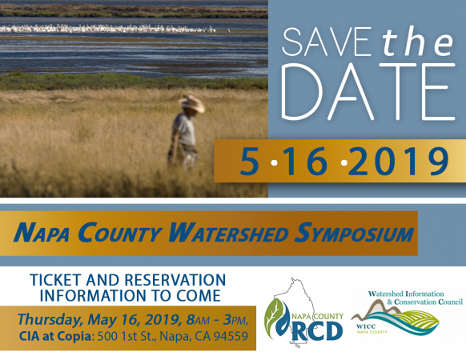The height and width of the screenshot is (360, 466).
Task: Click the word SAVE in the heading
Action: [x=327, y=42]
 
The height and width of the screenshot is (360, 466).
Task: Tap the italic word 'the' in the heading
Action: [x=418, y=42]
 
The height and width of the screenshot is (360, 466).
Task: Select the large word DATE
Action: [x=368, y=92]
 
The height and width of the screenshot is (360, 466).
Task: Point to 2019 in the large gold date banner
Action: [x=398, y=162]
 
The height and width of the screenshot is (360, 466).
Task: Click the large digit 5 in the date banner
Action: [x=250, y=162]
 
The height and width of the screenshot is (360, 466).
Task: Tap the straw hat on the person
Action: [x=192, y=104]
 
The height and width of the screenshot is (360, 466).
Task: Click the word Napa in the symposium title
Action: [x=41, y=233]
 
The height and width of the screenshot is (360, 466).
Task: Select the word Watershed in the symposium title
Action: [x=228, y=233]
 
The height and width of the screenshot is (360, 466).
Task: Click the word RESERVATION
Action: [x=175, y=280]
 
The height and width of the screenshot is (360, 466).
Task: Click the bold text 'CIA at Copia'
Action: [x=55, y=336]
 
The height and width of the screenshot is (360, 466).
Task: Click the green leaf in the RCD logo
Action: [x=273, y=317]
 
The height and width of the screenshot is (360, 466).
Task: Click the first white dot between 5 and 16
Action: [x=275, y=162]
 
